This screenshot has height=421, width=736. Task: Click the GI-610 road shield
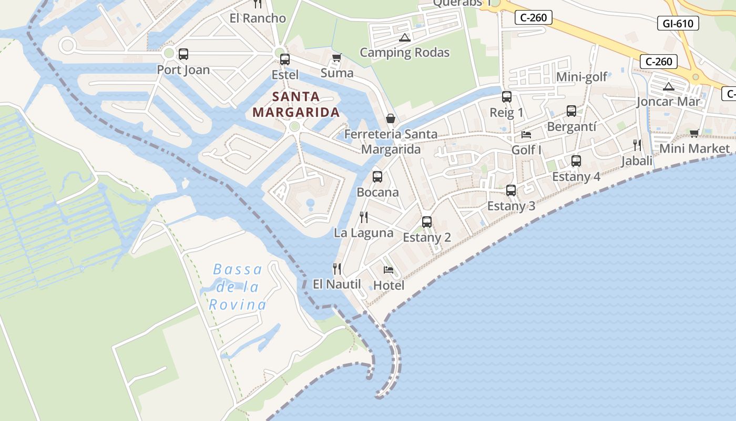tap(678, 23)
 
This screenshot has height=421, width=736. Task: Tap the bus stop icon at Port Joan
tap(183, 54)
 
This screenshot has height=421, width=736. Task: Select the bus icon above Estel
tap(284, 59)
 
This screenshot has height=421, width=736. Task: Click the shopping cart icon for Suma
tap(336, 57)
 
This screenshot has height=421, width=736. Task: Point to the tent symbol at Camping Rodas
tap(404, 37)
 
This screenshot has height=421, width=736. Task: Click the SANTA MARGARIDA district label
tap(296, 104)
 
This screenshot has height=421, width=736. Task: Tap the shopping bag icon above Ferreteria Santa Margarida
tap(390, 118)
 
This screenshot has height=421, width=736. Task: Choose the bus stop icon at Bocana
tap(377, 177)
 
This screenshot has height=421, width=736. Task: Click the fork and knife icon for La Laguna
tap(363, 217)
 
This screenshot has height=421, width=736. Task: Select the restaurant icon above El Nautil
tap(337, 269)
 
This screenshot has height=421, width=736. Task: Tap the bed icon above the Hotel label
tap(389, 270)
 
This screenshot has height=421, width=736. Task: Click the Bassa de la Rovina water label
tap(238, 287)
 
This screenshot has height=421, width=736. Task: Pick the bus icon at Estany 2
tap(426, 222)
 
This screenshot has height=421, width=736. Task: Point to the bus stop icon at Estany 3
tap(510, 191)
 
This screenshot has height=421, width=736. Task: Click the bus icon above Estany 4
tap(576, 161)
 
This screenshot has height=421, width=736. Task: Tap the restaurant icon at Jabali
tap(637, 145)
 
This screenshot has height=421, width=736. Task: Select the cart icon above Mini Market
tap(694, 133)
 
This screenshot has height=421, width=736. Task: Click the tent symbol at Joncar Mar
tap(668, 86)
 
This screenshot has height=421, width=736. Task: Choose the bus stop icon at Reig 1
tap(506, 97)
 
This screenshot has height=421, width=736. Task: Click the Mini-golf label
tap(581, 77)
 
